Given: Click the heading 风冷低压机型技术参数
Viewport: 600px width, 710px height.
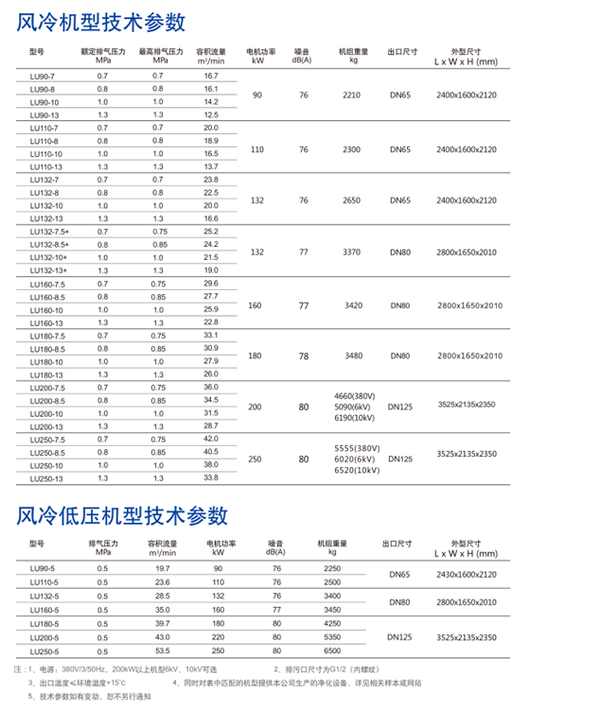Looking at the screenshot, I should click(x=124, y=515).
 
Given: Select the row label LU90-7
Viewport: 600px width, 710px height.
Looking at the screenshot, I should click(x=44, y=75).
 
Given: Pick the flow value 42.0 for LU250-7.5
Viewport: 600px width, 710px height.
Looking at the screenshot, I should click(x=211, y=439).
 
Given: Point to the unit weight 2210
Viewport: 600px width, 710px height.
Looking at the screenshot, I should click(x=352, y=95).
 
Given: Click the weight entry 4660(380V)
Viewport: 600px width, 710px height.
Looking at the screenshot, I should click(x=356, y=395).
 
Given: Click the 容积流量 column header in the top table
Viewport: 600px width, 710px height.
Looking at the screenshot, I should click(x=211, y=54).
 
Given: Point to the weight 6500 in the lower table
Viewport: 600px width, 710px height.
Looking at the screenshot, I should click(x=331, y=652).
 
